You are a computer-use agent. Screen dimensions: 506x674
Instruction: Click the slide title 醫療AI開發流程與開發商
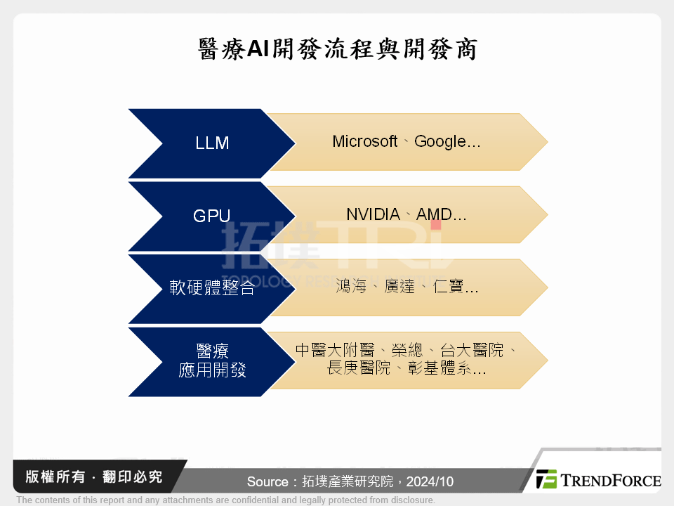[337, 49]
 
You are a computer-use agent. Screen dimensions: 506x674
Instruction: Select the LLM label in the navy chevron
[212, 143]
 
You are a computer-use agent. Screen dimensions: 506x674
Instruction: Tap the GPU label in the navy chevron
[211, 216]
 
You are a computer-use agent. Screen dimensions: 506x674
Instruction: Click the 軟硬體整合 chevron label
[212, 288]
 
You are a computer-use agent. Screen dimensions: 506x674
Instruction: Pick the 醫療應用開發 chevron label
[212, 361]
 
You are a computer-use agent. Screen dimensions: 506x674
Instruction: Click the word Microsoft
[365, 142]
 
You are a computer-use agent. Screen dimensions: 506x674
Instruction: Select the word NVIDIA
[373, 214]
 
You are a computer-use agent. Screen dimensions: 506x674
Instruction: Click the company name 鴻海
[351, 287]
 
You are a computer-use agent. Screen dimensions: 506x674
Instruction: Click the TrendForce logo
[597, 480]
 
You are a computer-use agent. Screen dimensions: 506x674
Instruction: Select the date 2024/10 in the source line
[430, 482]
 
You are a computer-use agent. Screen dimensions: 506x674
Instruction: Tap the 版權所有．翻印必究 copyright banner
[94, 477]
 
